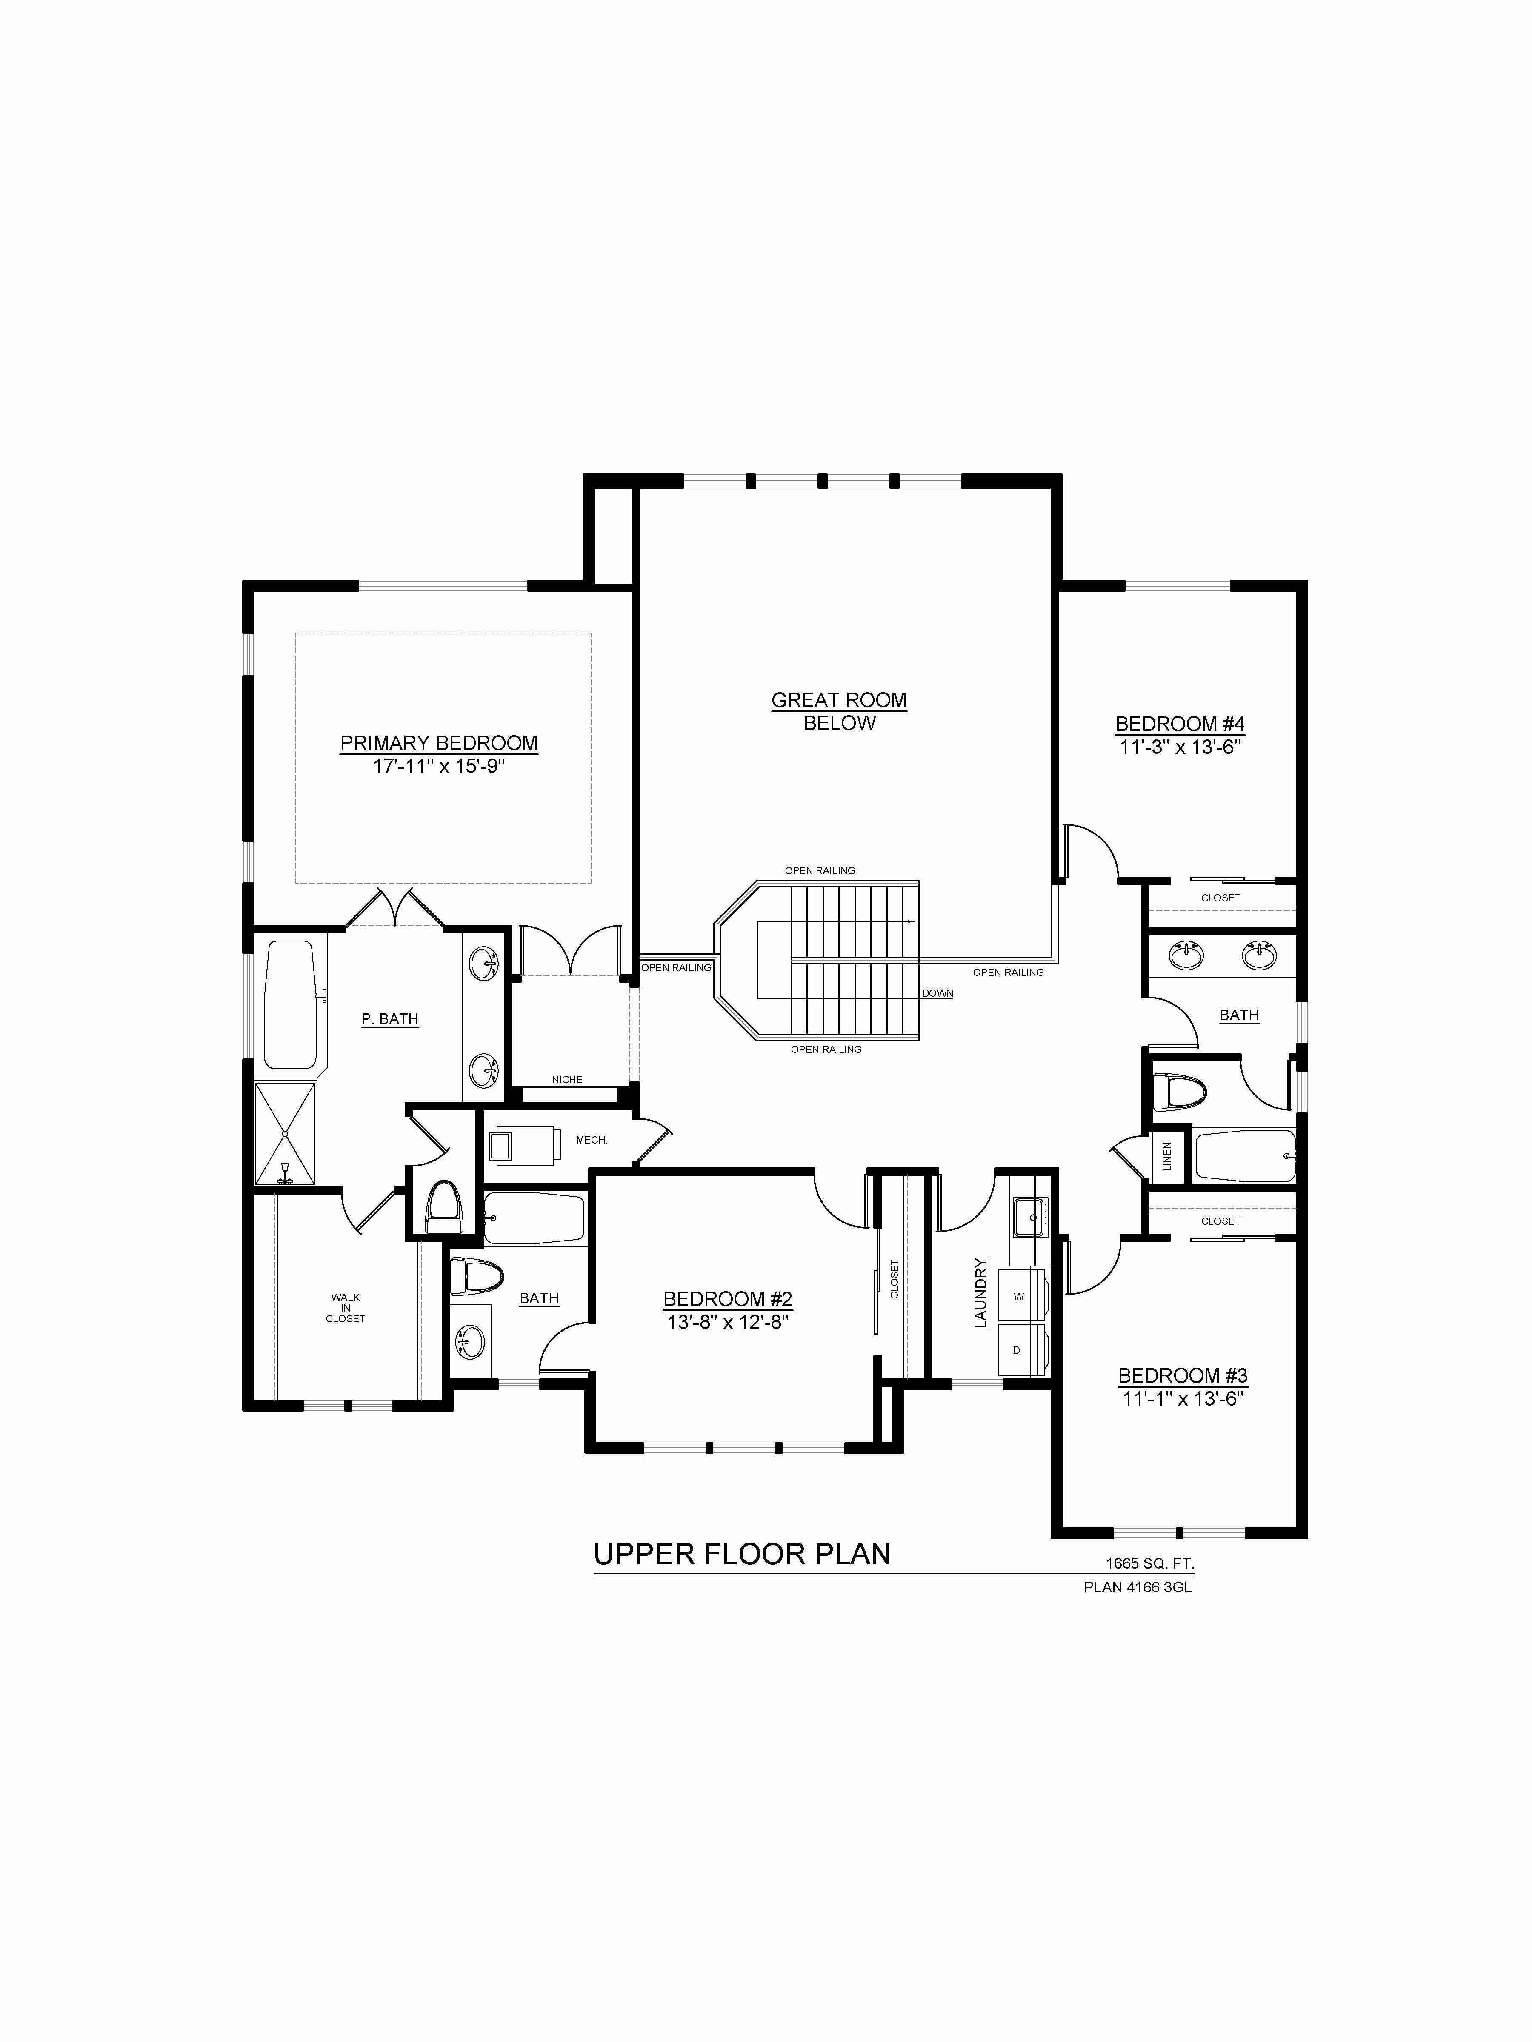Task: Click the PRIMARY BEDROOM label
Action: [x=439, y=743]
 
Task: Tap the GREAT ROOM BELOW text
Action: [x=840, y=712]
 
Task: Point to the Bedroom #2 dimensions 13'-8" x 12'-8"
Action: [x=728, y=1322]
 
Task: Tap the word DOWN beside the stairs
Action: [x=937, y=993]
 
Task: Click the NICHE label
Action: [x=567, y=1079]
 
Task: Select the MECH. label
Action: [x=592, y=1140]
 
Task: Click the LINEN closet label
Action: [x=1167, y=1157]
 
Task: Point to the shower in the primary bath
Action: [x=286, y=1134]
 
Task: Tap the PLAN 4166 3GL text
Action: [x=1138, y=1588]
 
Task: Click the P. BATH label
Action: [x=390, y=1019]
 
